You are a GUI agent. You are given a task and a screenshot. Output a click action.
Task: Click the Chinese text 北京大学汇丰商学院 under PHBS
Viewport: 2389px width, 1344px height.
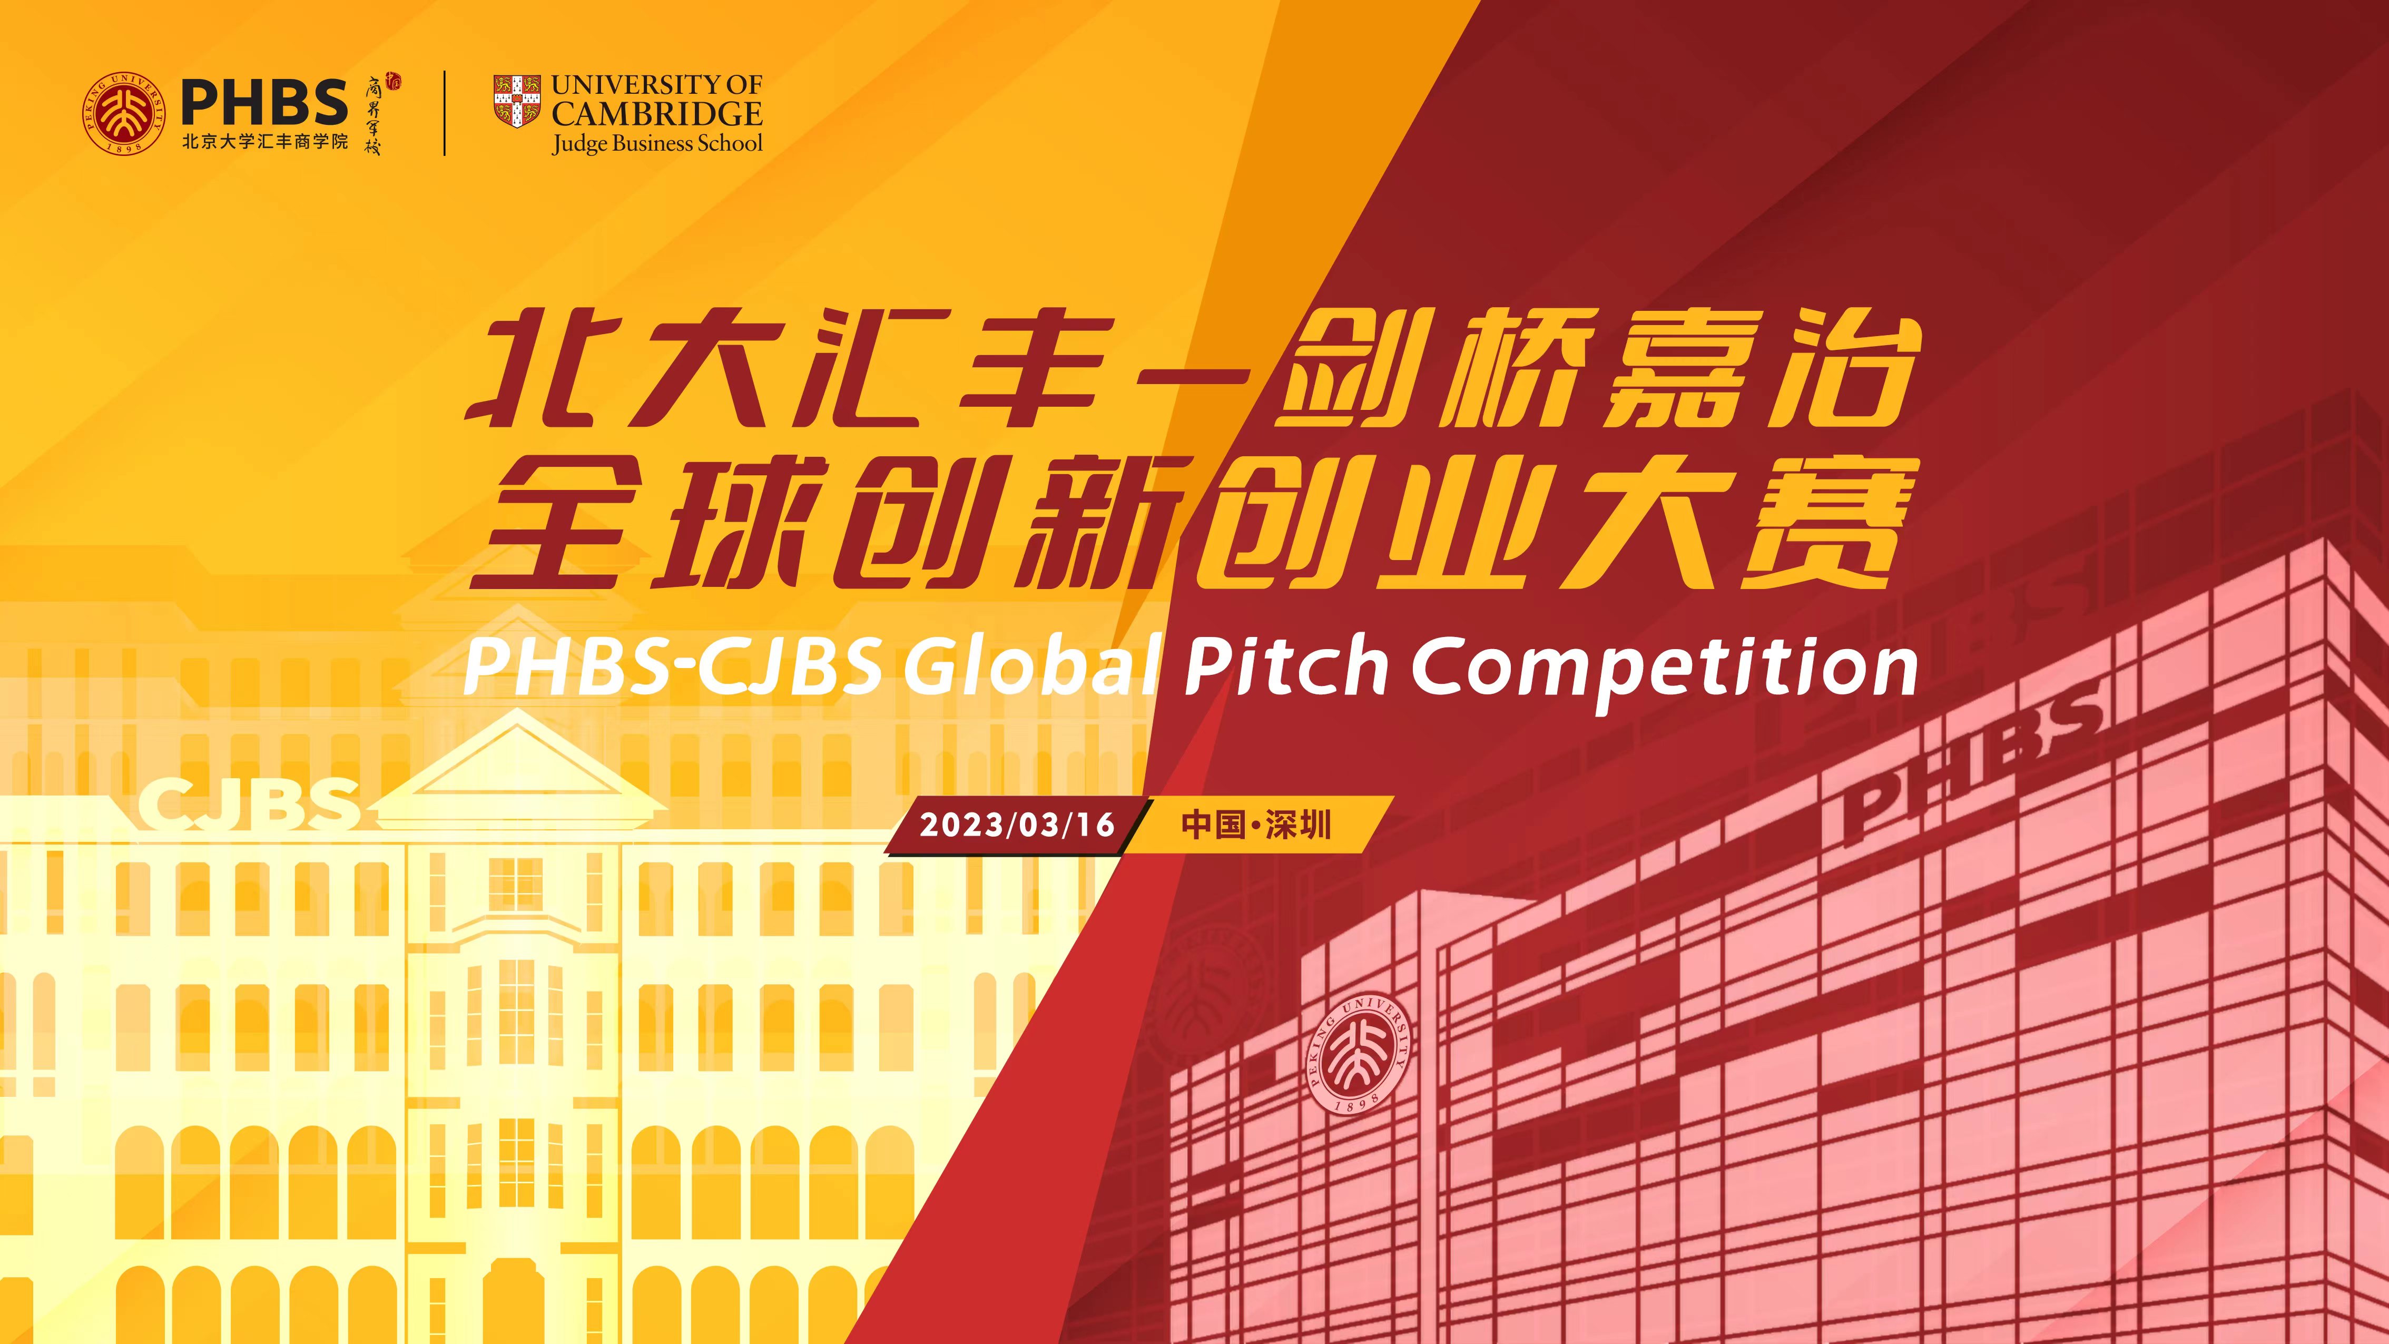[264, 141]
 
